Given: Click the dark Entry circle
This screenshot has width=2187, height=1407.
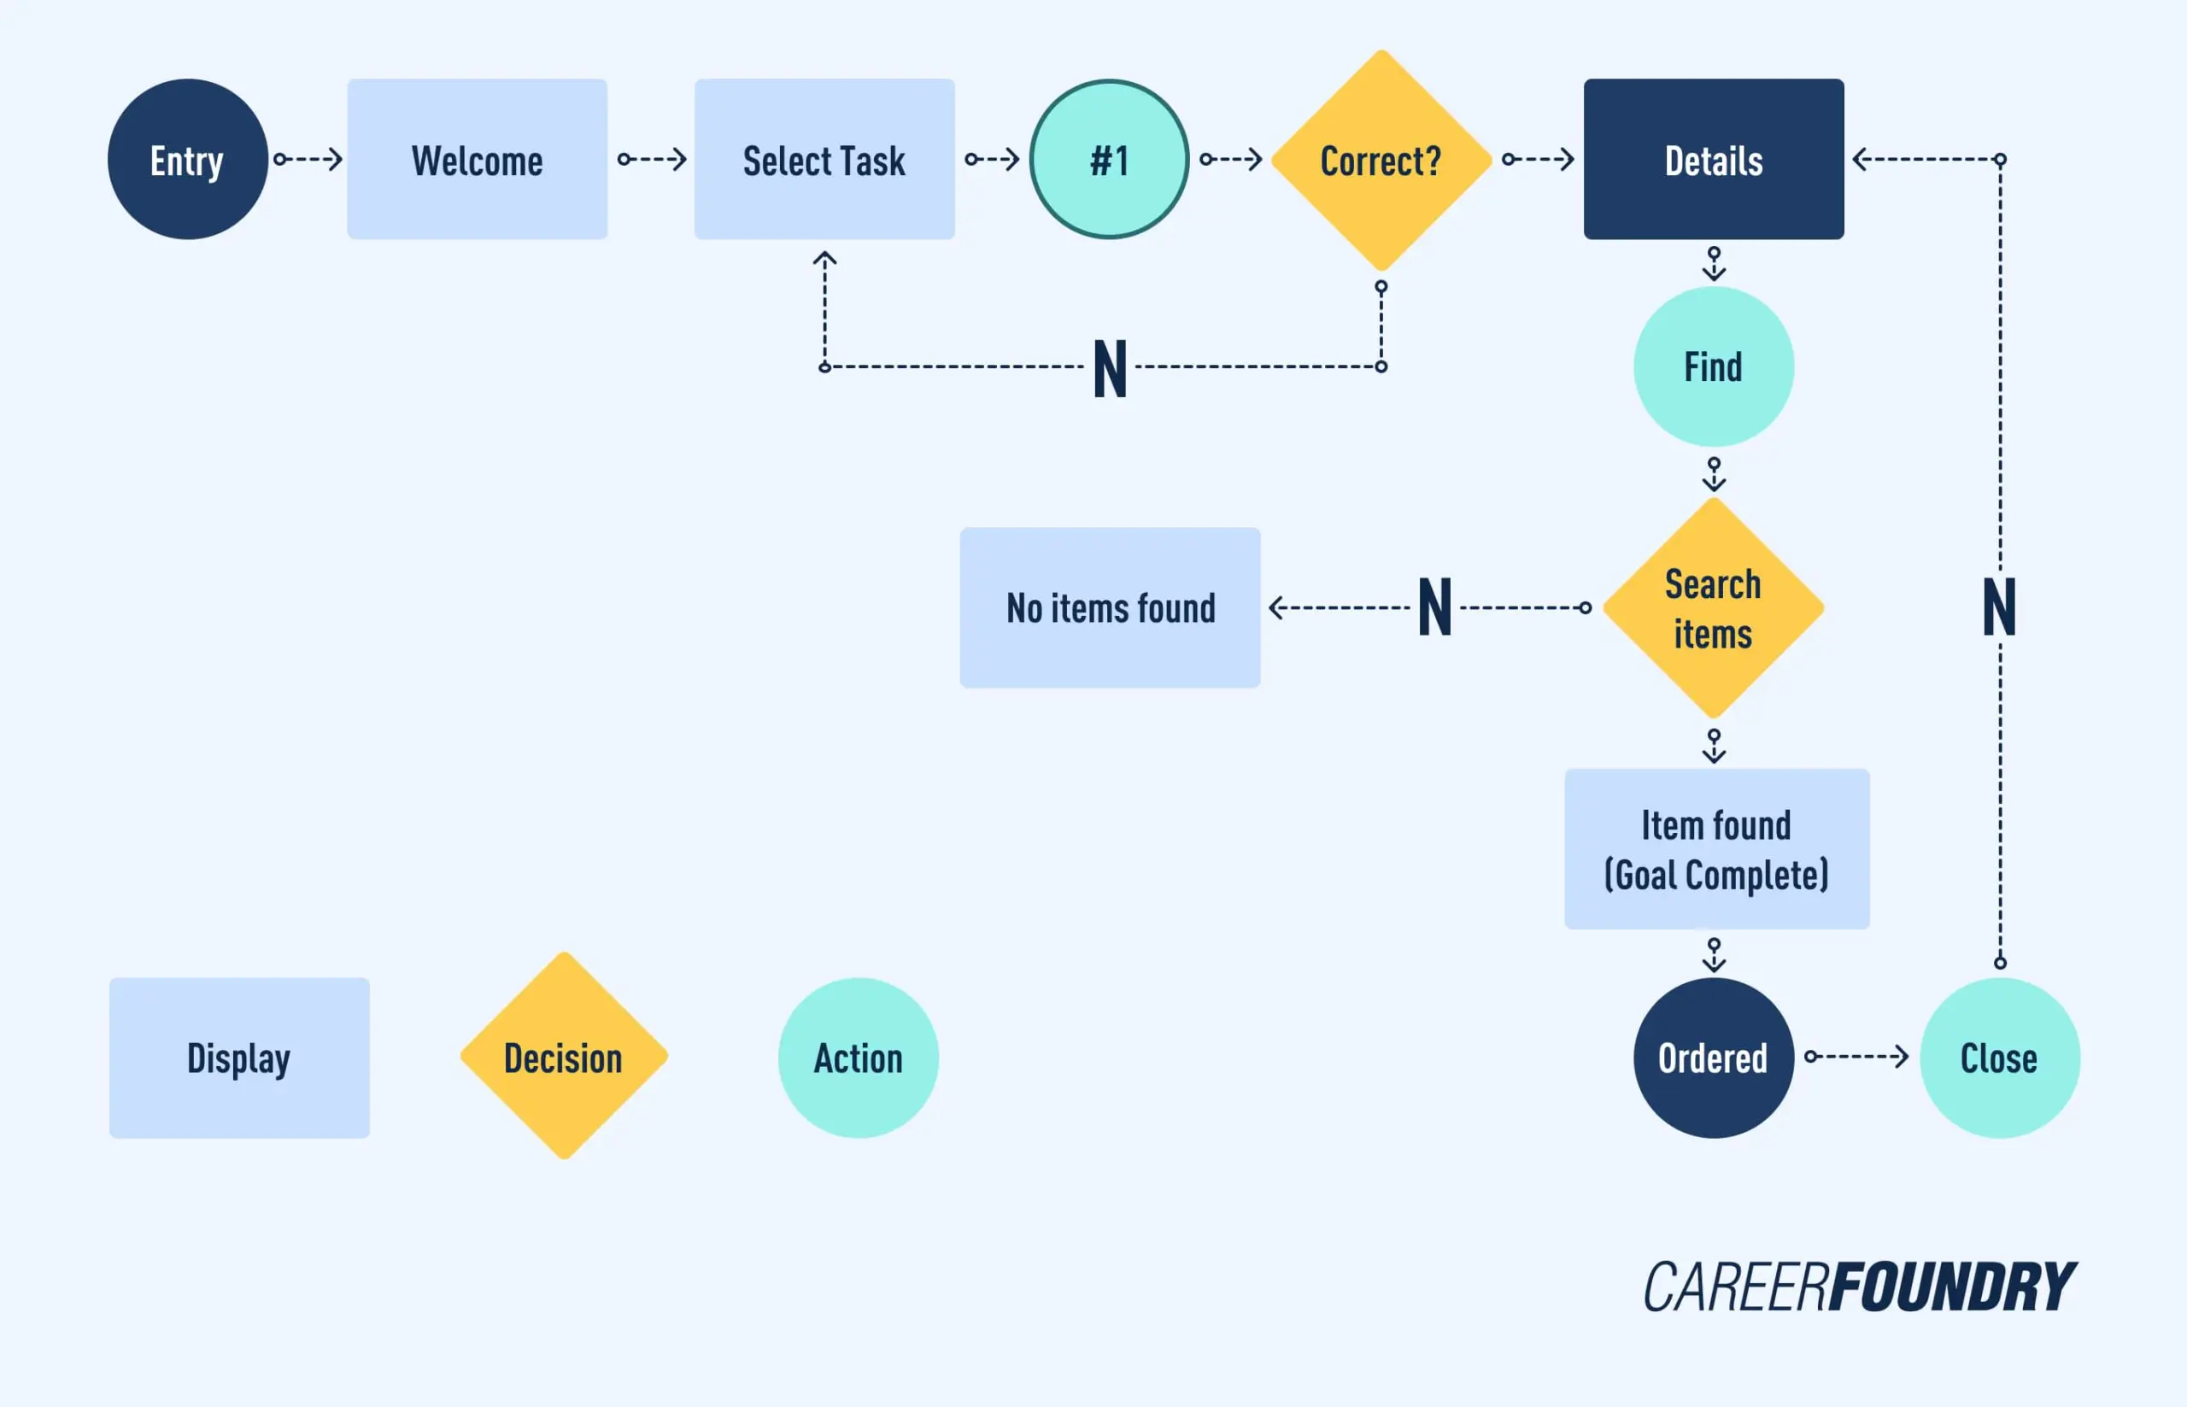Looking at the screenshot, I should [187, 159].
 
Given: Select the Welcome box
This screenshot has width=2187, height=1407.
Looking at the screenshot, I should [477, 159].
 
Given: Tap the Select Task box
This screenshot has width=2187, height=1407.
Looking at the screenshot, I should [824, 159].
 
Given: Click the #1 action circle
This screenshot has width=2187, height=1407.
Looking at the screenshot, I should [1109, 159].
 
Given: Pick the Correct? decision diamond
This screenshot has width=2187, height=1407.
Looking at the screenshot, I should [1381, 160].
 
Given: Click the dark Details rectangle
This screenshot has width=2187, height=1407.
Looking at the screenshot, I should [1713, 159].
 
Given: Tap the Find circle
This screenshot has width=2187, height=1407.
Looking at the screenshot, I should [1713, 366].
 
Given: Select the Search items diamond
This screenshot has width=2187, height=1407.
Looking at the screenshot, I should [1713, 607].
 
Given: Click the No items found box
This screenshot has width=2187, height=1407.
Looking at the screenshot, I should [1110, 607].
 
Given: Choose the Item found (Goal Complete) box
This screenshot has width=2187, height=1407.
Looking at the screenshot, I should [1715, 849].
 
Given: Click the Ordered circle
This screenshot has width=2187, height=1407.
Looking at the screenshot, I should [1713, 1057].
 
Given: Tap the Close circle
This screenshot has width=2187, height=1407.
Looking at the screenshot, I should [1999, 1057].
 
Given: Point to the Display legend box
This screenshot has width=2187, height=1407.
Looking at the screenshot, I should [239, 1057].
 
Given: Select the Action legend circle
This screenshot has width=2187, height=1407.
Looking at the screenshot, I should [858, 1057].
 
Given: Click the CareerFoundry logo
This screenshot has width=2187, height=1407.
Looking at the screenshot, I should [1859, 1287].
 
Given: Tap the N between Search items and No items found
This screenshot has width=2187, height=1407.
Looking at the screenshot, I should [1434, 607].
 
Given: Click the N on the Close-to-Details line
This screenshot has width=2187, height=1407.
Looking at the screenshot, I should [1999, 607].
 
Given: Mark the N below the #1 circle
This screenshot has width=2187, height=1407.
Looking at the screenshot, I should [1110, 368].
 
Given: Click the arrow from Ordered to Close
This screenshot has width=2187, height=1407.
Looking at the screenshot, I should [1856, 1056].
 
